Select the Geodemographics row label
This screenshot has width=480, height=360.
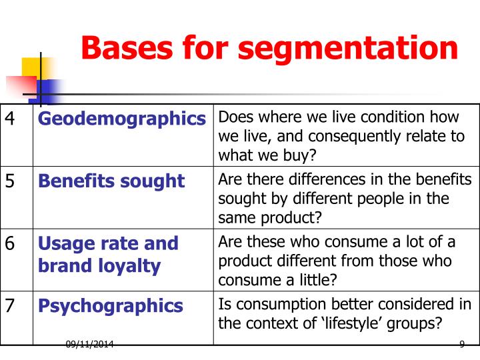point(122,119)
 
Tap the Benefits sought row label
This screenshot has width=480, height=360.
point(111,181)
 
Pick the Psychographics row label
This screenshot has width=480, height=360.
point(111,306)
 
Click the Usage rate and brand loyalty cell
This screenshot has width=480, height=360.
point(108,255)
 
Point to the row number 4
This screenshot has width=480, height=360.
point(11,119)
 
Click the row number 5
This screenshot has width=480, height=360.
point(11,181)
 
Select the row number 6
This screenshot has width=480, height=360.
point(11,243)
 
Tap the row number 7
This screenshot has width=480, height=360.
point(11,306)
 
